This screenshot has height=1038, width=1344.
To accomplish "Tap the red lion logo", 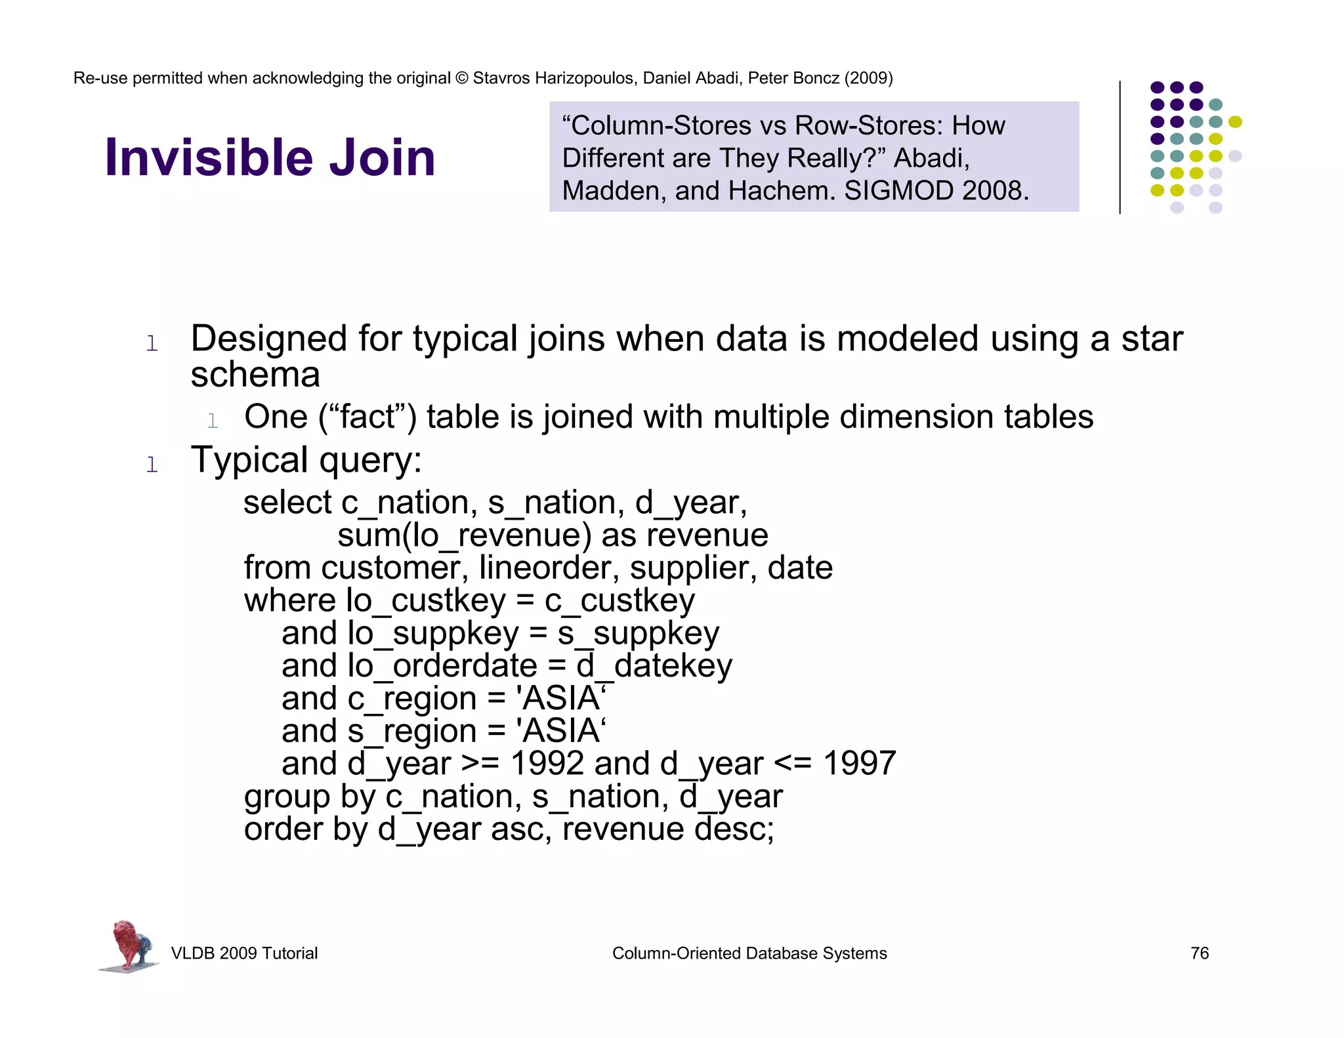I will pos(129,945).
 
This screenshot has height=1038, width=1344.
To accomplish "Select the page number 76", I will pos(1199,953).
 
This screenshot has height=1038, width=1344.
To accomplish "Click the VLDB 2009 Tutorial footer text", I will pos(244,953).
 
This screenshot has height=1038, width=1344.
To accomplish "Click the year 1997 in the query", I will pos(859,763).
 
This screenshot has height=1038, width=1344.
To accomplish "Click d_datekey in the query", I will pos(654,666).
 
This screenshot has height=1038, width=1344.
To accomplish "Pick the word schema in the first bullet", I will pos(255,375).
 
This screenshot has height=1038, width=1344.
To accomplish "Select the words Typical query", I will pos(306,460).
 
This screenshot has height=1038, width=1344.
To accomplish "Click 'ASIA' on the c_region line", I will pos(562,698).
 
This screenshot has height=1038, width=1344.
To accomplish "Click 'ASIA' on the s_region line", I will pos(562,731).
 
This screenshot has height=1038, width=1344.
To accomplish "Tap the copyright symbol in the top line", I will pos(461,78).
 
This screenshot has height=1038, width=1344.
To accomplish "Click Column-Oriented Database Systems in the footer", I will pos(749,953).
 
